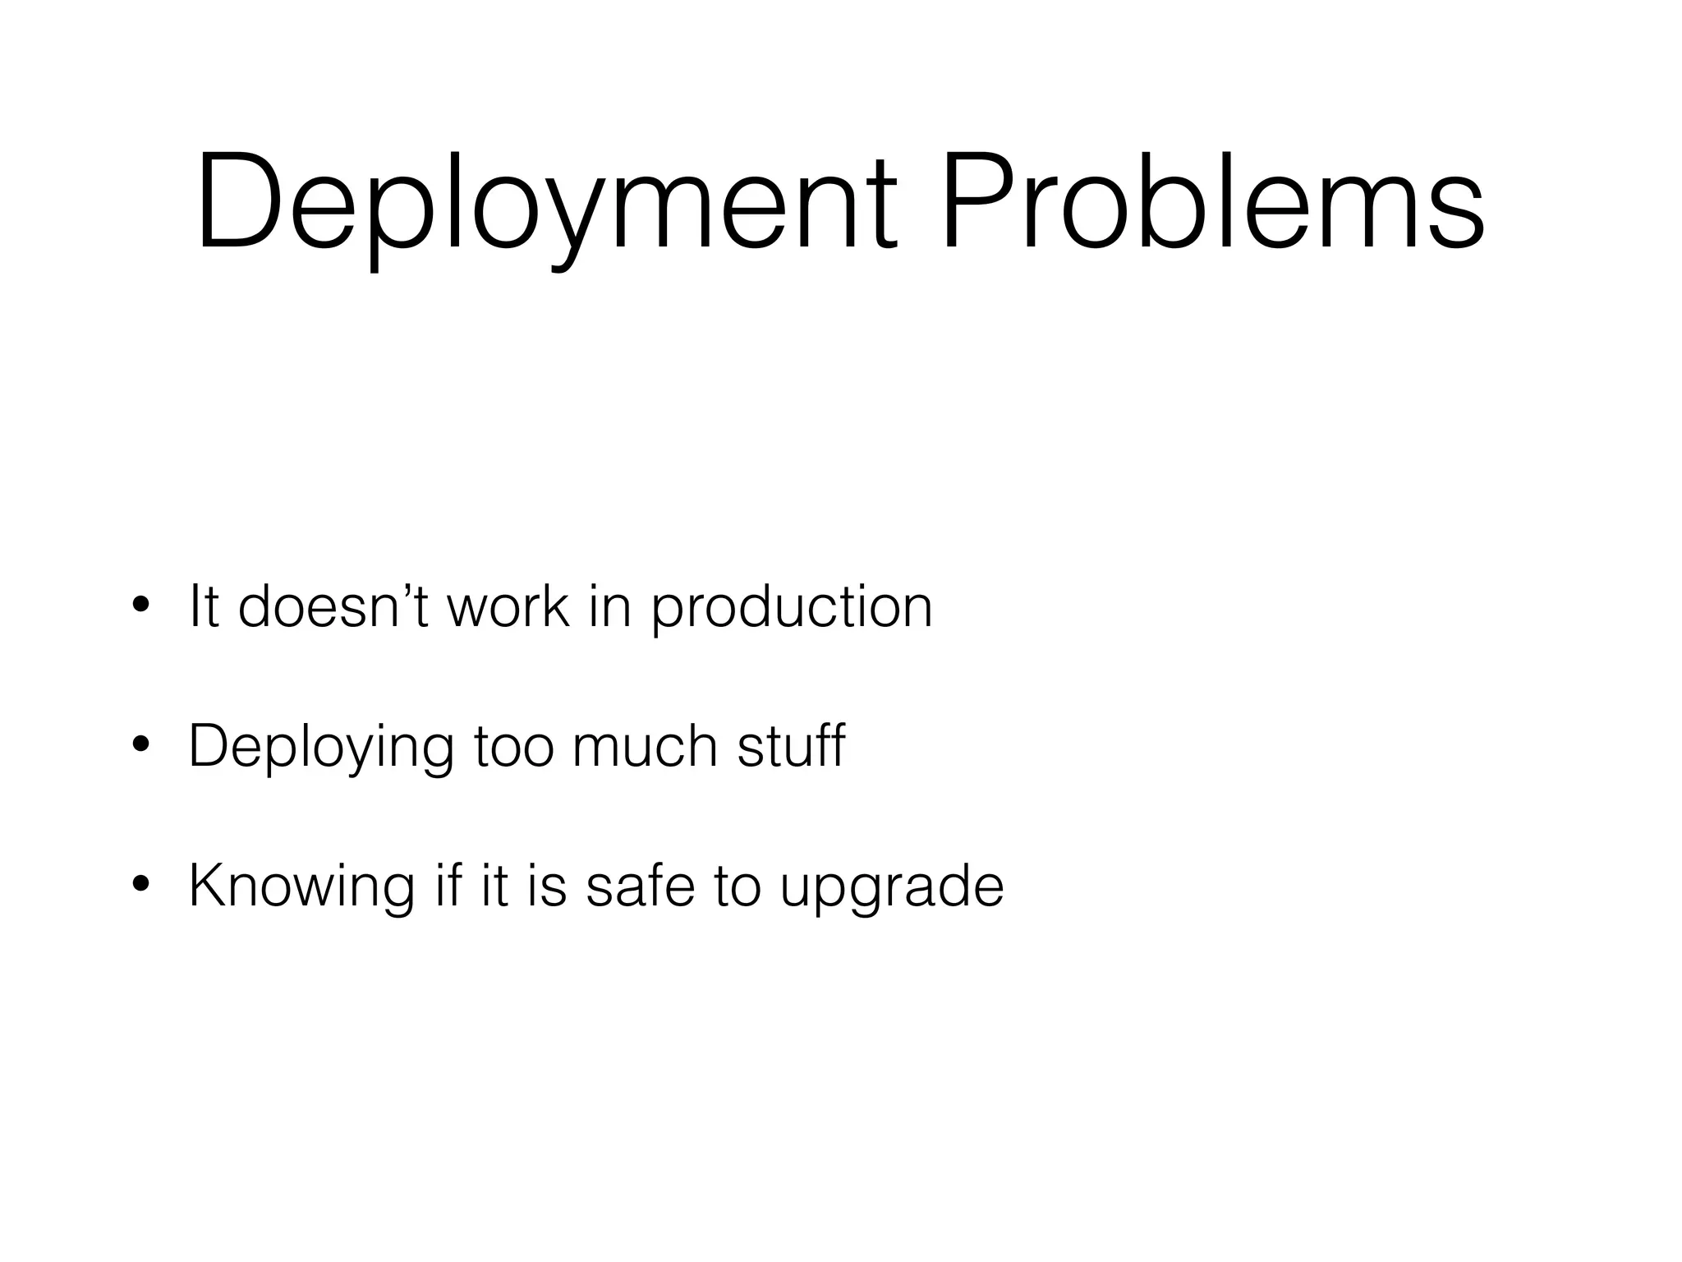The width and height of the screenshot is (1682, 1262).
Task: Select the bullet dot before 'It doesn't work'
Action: click(x=140, y=607)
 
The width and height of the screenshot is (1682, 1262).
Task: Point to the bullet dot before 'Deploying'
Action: click(x=140, y=747)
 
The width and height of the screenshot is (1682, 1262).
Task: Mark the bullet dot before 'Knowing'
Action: click(x=140, y=887)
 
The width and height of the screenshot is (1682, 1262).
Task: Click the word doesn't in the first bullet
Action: click(x=333, y=607)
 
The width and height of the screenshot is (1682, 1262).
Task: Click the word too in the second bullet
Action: click(x=513, y=747)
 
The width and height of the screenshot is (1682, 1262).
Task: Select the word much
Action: click(x=645, y=747)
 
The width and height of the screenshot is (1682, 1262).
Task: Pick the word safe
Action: click(x=641, y=887)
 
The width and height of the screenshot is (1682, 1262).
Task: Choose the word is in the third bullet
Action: click(x=546, y=887)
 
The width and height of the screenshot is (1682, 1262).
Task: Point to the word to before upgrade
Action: click(x=738, y=887)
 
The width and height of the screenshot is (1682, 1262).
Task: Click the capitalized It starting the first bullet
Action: click(x=205, y=607)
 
